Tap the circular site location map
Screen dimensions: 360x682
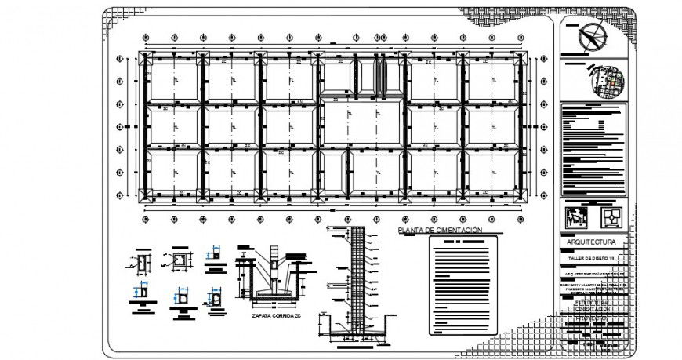[x=605, y=80]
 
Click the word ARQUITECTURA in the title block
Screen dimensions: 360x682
[x=593, y=242]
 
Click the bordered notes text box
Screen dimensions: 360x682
[x=463, y=285]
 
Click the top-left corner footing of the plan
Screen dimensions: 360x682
[x=143, y=56]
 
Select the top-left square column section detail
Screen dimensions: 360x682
[x=143, y=264]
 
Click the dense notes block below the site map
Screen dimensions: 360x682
[x=593, y=149]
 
